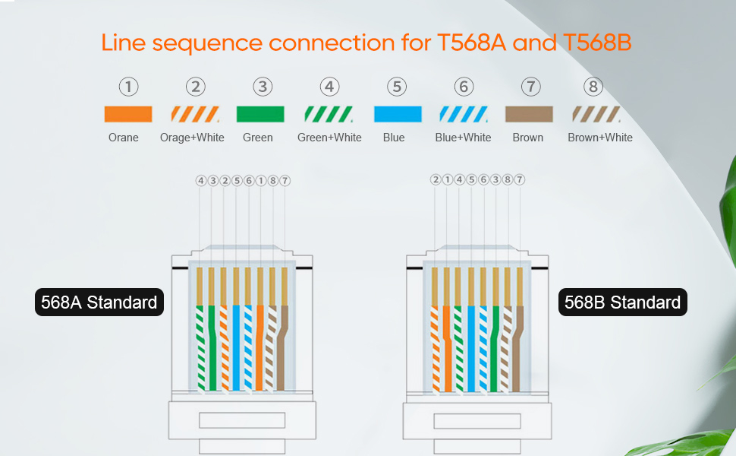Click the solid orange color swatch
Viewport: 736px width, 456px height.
pos(127,114)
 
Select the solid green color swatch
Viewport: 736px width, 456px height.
pos(260,114)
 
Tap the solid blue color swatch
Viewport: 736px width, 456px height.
pos(398,114)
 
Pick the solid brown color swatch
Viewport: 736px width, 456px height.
pos(529,114)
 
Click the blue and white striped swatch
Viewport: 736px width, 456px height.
pos(464,114)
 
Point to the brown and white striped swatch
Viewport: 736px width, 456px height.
pos(596,114)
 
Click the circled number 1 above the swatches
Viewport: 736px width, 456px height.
pos(129,87)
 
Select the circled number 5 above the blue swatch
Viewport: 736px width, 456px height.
pos(397,87)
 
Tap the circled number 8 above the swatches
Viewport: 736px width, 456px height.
pos(593,87)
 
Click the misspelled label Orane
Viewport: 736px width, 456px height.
pos(124,138)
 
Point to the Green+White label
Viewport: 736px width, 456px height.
pos(329,138)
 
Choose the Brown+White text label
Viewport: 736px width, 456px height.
pos(600,138)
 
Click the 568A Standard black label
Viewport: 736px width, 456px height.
pos(99,302)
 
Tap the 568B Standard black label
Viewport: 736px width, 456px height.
pos(623,302)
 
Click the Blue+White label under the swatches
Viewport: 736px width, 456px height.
pos(463,138)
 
